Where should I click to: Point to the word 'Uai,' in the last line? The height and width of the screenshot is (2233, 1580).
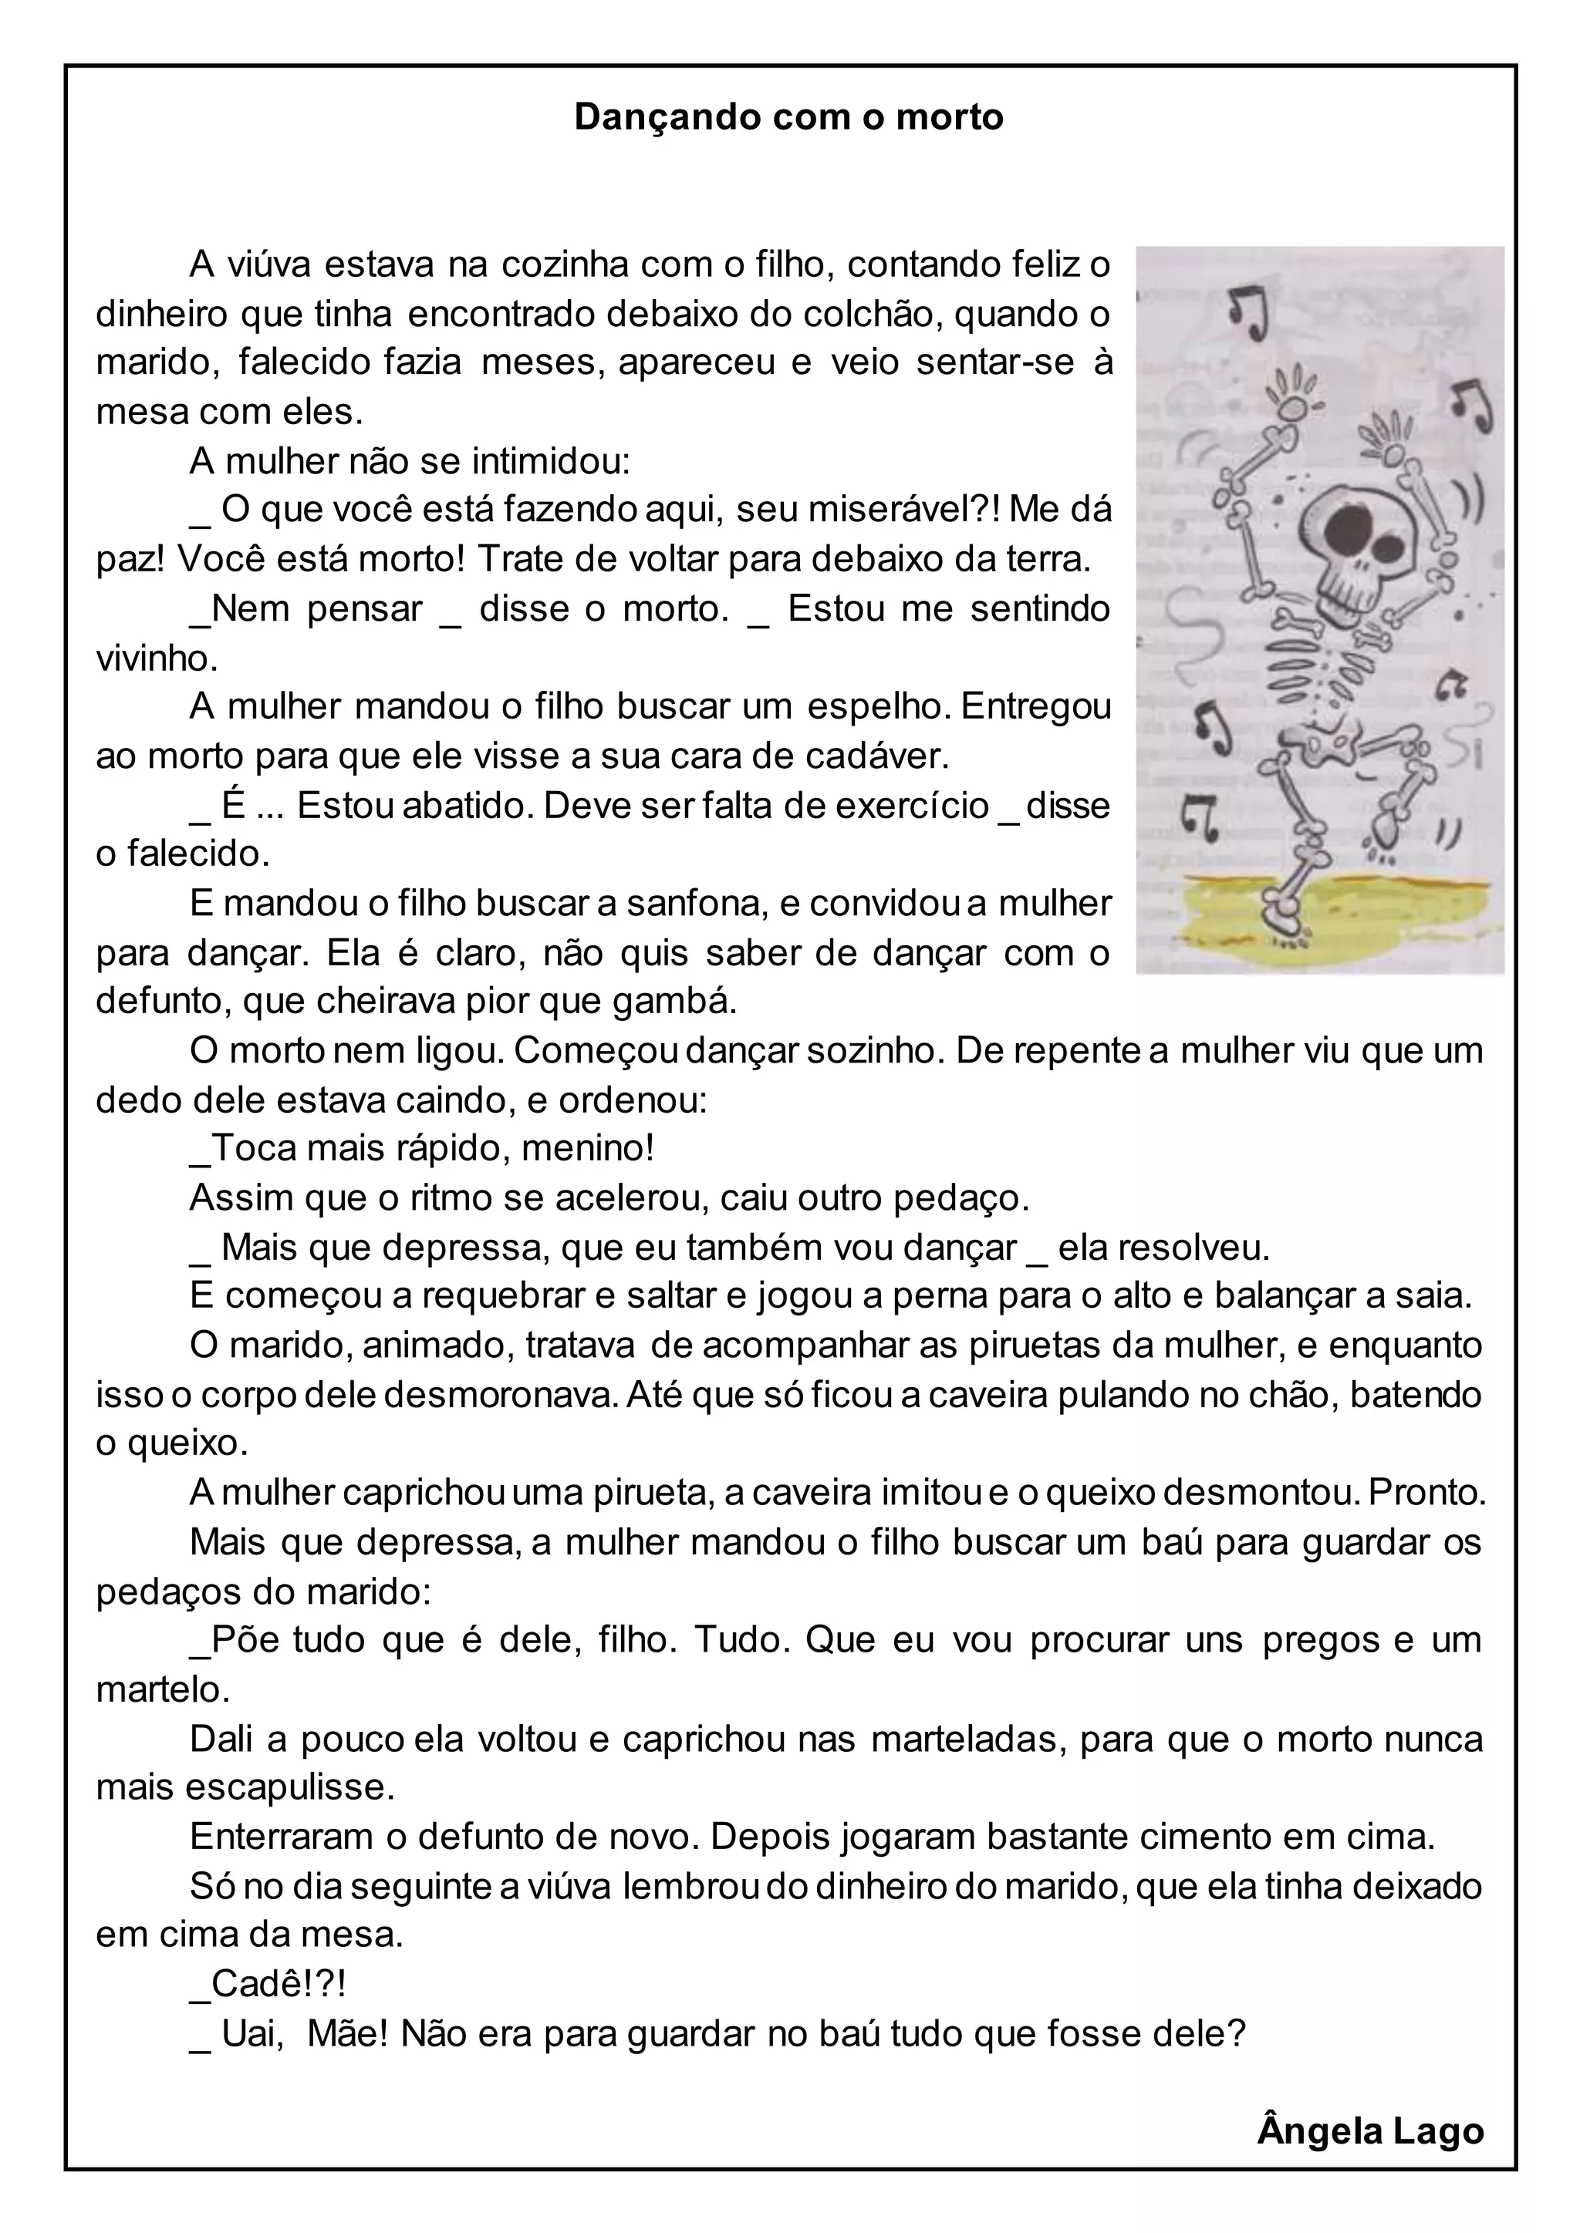coord(252,2033)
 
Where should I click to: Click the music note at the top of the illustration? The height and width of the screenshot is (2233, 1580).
coord(1248,312)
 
